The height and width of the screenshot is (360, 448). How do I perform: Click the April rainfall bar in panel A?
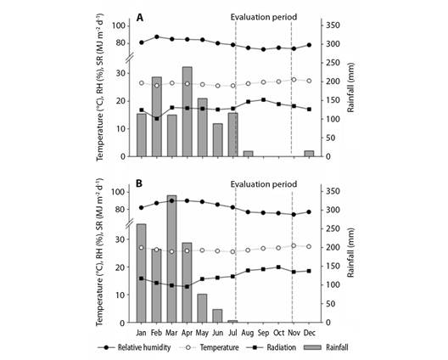click(x=188, y=111)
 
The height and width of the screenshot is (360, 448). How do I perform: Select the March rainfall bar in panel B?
click(x=171, y=259)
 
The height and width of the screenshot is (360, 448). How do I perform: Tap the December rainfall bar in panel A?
click(x=309, y=154)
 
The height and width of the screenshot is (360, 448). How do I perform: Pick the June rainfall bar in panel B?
click(x=217, y=316)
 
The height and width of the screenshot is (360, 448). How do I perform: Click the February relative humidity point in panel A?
click(x=157, y=37)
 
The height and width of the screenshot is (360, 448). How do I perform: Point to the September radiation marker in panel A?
click(x=263, y=100)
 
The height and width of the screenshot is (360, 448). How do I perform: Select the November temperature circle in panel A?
click(x=294, y=80)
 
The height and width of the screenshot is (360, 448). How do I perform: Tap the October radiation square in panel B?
click(x=278, y=267)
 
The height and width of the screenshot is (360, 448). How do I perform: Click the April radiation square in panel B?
click(x=188, y=286)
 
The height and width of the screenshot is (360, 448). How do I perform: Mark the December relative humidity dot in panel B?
click(x=309, y=212)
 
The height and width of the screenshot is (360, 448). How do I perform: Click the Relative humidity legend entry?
click(x=134, y=348)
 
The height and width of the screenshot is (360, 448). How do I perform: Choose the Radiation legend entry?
click(x=271, y=348)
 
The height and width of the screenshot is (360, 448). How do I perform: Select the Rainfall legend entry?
click(x=327, y=348)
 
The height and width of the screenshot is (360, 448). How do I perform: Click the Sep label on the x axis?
click(x=263, y=333)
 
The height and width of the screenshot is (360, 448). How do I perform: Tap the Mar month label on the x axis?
click(x=171, y=333)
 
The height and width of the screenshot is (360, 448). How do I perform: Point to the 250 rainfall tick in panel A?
click(x=333, y=63)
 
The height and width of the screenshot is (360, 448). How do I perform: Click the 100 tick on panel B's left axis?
click(x=119, y=192)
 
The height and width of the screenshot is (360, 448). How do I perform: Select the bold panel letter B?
click(x=139, y=183)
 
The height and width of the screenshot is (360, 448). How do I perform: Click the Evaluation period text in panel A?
click(x=264, y=17)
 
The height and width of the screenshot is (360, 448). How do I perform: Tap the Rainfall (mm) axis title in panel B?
click(x=350, y=253)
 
